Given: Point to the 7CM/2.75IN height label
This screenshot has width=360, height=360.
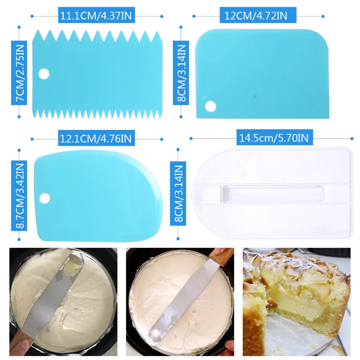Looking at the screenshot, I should (x=19, y=73).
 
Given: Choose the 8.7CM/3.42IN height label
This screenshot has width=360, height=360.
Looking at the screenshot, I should (x=19, y=195).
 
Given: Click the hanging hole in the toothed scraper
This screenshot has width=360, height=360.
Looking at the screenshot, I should (x=44, y=74).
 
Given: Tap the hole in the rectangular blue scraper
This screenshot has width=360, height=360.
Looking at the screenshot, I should (x=210, y=106).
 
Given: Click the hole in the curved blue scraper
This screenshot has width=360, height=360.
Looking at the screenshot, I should (x=44, y=198).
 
